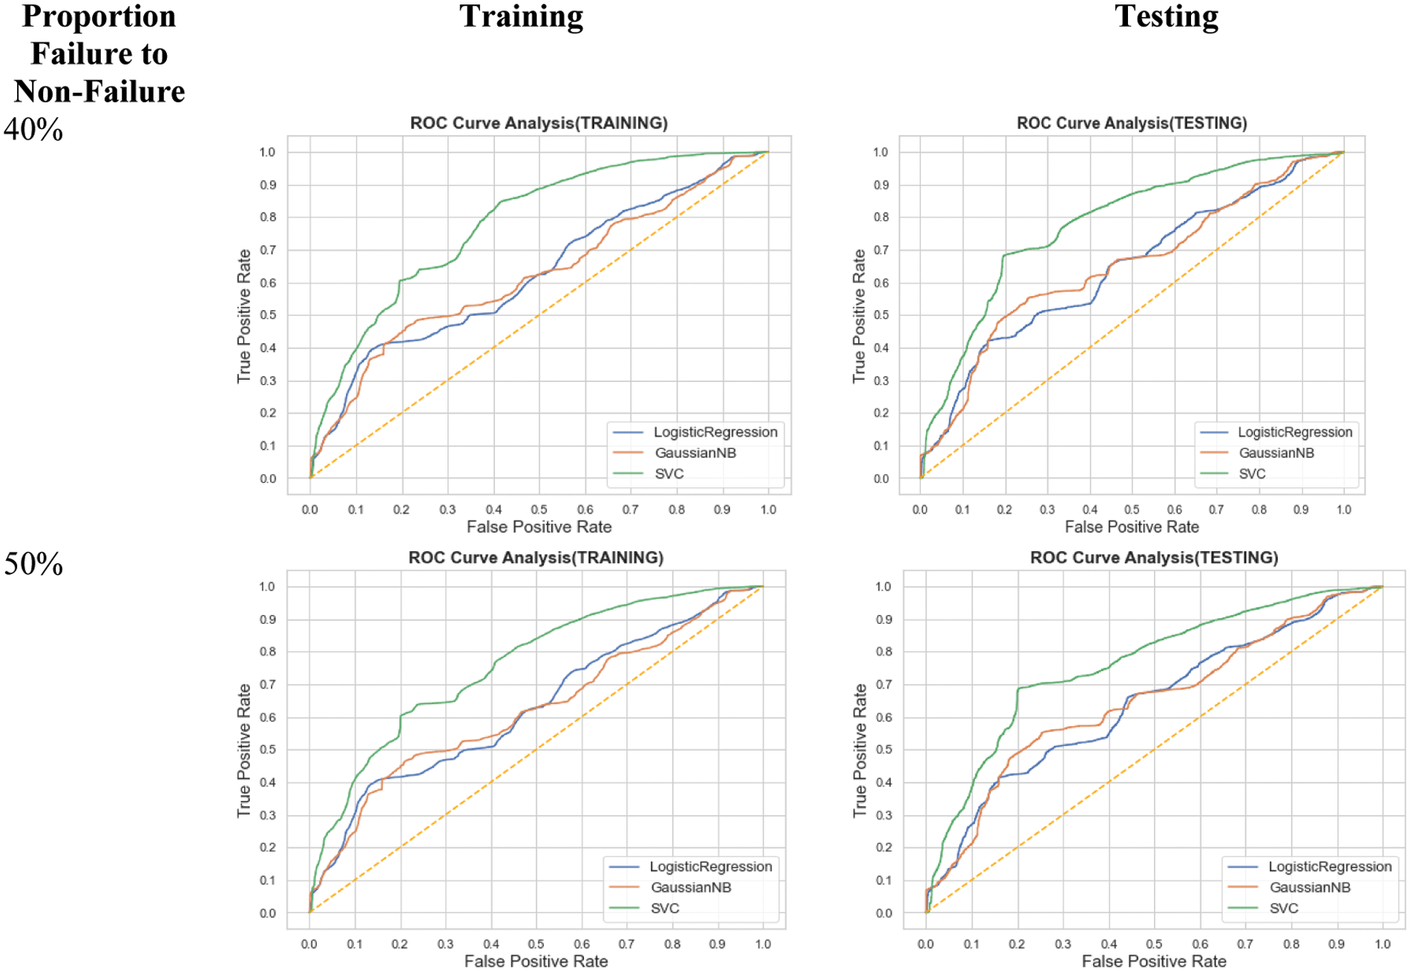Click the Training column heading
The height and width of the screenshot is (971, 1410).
coord(521,16)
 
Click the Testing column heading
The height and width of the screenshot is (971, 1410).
coord(1166,16)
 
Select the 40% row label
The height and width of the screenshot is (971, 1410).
coord(33,130)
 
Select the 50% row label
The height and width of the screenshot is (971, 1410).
coord(33,565)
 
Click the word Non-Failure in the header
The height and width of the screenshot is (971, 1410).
coord(99,92)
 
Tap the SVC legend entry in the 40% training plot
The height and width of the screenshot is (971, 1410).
coord(669,474)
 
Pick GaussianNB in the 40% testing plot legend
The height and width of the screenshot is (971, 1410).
coord(1276,453)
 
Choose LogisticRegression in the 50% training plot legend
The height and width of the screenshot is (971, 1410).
coord(710,866)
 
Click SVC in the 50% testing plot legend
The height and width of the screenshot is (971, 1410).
coord(1283,908)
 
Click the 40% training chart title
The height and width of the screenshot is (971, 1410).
coord(539,123)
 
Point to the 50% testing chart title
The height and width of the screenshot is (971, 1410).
coord(1154,558)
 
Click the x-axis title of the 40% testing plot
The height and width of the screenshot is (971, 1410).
coord(1132,527)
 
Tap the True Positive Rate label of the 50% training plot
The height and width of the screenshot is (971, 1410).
coord(244,751)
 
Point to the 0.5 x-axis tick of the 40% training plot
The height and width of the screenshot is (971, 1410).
coord(540,510)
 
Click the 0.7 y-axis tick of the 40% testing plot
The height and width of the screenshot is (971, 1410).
coord(881,250)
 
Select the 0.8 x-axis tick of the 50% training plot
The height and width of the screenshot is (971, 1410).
coord(672,944)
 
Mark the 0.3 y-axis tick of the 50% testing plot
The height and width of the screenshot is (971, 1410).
coord(884,815)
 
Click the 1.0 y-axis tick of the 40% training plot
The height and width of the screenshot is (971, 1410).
coord(267,152)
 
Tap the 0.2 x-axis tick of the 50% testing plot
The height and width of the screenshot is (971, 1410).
coord(1017,944)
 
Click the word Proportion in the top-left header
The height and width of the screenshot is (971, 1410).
coord(99,16)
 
